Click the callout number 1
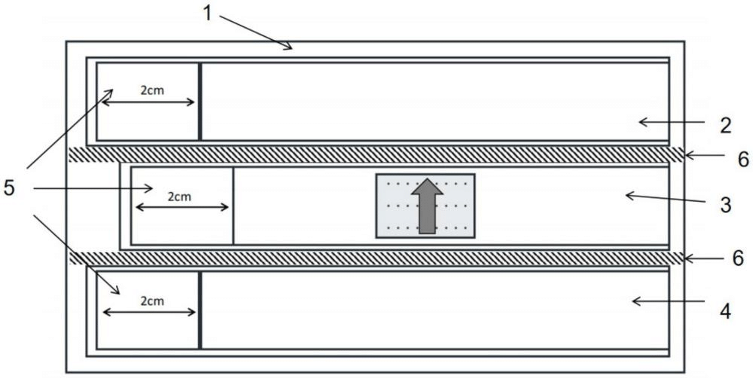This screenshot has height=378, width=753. [208, 13]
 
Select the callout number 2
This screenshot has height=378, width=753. [725, 126]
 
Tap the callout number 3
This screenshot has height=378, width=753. [725, 205]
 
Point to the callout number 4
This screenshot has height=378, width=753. [725, 311]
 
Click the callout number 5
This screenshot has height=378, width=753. [9, 187]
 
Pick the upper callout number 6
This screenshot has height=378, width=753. [743, 160]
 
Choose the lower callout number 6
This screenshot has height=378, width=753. [738, 258]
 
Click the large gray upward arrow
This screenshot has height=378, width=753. [427, 206]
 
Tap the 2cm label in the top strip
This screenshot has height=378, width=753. [152, 90]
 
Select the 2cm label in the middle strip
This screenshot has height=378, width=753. [179, 197]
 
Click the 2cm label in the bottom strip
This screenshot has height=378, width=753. [152, 301]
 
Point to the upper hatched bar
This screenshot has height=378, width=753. [376, 154]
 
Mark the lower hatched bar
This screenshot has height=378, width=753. [376, 258]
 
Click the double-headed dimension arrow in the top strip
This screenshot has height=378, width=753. [148, 102]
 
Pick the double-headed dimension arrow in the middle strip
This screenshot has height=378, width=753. [182, 207]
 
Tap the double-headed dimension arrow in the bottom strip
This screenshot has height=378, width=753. [149, 312]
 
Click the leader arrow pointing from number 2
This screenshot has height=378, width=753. [672, 123]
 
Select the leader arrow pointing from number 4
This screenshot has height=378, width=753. [668, 301]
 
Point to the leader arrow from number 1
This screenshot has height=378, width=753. [256, 32]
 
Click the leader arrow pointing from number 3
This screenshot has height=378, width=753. [666, 198]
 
